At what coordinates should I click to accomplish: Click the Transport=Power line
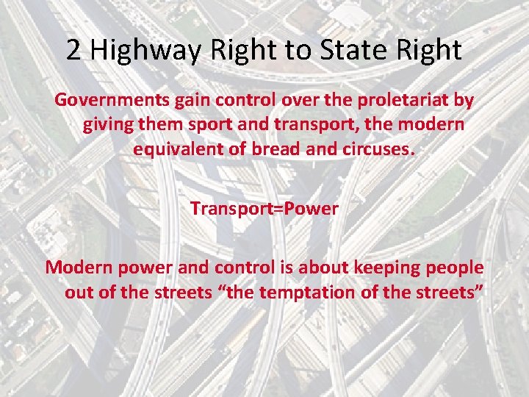tap(264, 209)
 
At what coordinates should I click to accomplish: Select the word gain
tap(187, 99)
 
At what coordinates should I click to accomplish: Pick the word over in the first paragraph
tap(291, 99)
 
